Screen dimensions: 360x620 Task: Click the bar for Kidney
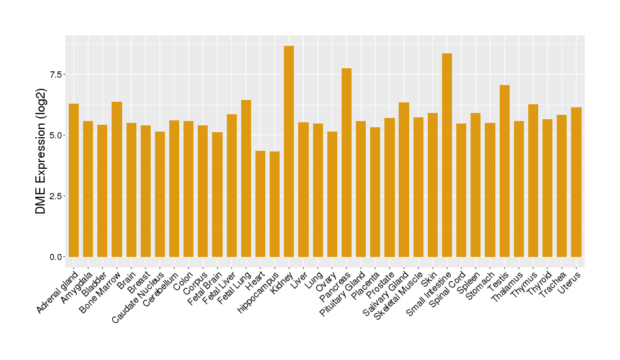pos(289,151)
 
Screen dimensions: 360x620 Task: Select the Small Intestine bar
pos(447,155)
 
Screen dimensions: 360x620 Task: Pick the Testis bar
pos(505,171)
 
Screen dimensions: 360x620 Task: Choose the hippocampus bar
pos(275,204)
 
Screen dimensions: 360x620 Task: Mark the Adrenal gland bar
pos(74,180)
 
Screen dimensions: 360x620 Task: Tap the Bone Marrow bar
pos(117,179)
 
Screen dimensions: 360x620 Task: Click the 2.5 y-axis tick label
pos(55,196)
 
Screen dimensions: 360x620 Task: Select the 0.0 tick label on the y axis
pos(55,257)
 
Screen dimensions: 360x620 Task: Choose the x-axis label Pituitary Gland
pos(341,297)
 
